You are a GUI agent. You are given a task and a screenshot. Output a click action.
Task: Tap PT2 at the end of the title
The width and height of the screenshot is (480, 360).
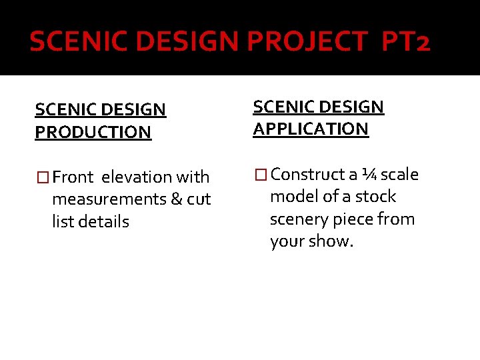coord(406,42)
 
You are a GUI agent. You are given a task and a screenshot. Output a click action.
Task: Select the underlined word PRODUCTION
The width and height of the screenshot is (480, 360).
coord(93,132)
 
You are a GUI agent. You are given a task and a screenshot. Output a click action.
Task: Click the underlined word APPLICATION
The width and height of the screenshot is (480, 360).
coord(311,129)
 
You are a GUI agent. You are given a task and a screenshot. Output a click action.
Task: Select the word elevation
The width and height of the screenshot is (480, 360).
coord(136,177)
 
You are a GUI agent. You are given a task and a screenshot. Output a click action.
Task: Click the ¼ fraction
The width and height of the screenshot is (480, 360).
coord(369,175)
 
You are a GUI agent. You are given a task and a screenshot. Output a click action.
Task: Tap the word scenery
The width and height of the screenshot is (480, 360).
coord(299,219)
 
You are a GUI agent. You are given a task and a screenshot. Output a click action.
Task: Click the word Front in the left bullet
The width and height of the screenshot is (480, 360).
coord(73,177)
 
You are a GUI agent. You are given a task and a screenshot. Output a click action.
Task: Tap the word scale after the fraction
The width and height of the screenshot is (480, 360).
coord(399,175)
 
